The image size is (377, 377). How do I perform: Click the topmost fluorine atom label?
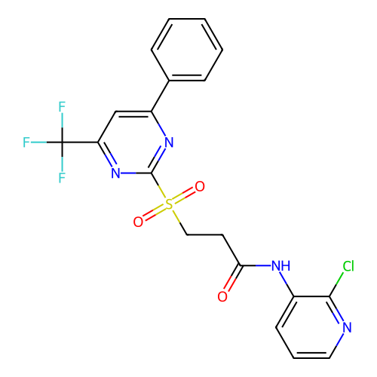[62, 106]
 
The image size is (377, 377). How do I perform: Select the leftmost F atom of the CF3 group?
[26, 143]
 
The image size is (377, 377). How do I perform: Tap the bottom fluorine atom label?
[62, 178]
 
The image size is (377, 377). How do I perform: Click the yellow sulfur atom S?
[169, 204]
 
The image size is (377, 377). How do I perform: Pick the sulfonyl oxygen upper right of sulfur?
[200, 186]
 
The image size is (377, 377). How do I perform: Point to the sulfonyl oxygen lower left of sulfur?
[138, 222]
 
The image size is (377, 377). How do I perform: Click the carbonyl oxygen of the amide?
[222, 296]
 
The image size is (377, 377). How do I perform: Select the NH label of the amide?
[281, 265]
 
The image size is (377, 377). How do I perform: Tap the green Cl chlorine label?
[348, 266]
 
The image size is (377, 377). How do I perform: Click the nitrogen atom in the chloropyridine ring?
[347, 327]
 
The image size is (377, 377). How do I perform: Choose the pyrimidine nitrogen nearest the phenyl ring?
[169, 143]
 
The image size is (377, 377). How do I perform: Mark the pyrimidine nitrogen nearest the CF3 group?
[115, 173]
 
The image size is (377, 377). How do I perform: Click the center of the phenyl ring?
[187, 50]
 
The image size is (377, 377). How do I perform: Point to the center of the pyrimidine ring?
[133, 143]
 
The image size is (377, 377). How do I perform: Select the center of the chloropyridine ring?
[311, 327]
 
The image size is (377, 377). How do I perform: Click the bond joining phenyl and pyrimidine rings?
[160, 96]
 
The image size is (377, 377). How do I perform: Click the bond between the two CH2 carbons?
[204, 234]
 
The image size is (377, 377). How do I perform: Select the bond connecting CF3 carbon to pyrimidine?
[80, 143]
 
